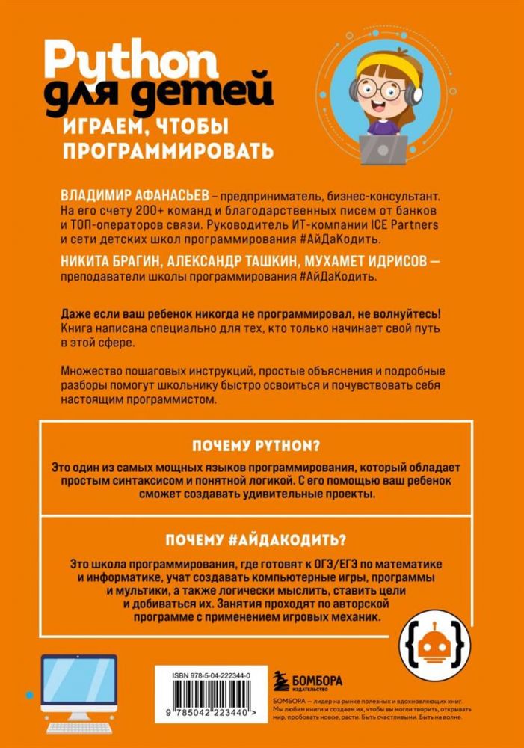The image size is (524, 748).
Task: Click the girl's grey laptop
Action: (383, 148)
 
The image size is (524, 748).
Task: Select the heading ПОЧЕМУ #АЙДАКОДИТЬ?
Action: (262, 539)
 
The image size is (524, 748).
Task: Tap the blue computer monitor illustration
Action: (79, 676)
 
